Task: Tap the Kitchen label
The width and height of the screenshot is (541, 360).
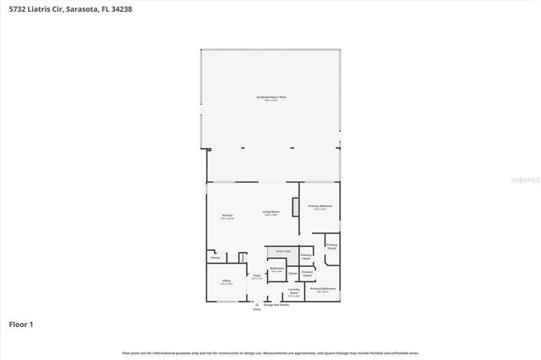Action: pos(227,216)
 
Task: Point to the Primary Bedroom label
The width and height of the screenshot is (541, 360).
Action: pos(320,206)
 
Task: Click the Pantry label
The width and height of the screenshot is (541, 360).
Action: pos(215,258)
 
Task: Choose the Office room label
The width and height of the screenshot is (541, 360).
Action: pos(227,281)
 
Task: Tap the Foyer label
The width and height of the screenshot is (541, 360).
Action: pos(256,275)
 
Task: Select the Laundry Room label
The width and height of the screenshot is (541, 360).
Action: pos(293,292)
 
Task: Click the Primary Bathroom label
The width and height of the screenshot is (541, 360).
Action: pos(323,290)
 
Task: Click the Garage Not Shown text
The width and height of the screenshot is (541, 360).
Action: pos(277,304)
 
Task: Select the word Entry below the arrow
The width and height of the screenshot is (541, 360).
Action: pos(257,310)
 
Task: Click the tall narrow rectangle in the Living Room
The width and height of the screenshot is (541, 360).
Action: pos(293,208)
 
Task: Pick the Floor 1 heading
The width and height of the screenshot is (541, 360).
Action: pos(21,324)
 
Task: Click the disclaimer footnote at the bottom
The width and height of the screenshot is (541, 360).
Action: pos(270,352)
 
